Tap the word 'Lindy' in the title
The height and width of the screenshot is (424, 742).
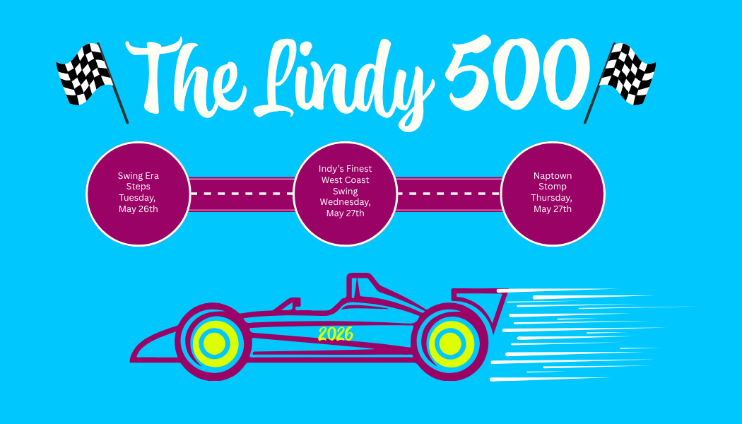(339, 78)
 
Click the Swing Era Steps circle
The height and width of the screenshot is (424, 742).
(139, 194)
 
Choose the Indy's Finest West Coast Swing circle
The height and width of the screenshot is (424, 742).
(345, 194)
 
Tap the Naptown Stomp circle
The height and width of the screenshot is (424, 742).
(553, 194)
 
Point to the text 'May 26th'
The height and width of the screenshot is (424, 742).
(139, 209)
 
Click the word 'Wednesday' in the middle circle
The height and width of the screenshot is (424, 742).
(345, 201)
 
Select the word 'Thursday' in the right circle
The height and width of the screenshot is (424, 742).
(552, 198)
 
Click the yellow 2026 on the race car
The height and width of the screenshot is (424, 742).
(335, 334)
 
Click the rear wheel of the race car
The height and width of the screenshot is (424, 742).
(449, 343)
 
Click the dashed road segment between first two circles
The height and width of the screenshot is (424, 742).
(242, 193)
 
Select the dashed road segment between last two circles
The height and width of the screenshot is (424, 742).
(449, 193)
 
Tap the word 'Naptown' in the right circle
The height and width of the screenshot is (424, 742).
(553, 176)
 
